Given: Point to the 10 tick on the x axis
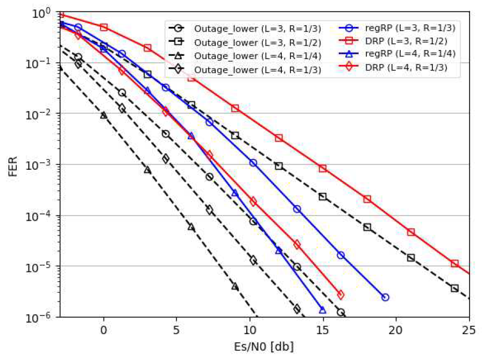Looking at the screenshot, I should pos(250,328).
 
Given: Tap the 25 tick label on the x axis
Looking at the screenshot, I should pos(469,328).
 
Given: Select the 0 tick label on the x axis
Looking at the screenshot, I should pos(104,328).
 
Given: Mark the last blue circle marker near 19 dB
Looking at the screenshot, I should pos(385,297).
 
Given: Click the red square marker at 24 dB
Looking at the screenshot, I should pos(454,263).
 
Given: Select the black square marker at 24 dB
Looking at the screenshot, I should pos(454,289).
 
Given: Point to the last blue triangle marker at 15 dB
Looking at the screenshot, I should pos(323,311).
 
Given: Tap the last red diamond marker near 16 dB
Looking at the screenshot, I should pos(340,295).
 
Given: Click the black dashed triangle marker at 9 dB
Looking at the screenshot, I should pos(235,286).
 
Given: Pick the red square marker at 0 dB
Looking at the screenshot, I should pos(104,27).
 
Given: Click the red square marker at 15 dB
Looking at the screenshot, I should pos(323,168).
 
